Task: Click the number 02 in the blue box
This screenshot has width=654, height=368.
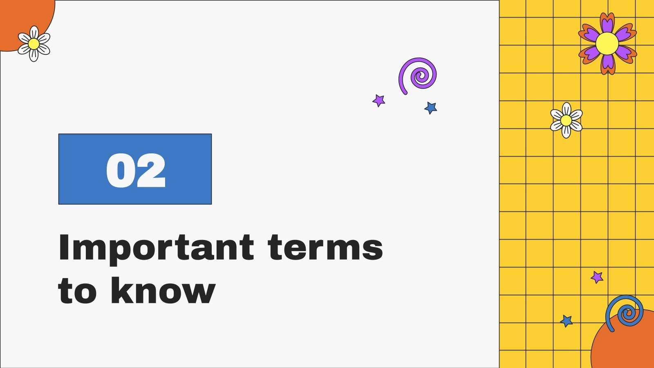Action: tap(135, 171)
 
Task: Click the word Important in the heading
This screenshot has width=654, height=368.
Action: tap(156, 248)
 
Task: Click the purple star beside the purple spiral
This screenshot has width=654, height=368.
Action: tap(379, 100)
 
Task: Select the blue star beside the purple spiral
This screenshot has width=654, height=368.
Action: tap(431, 108)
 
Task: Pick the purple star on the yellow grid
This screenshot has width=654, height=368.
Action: tap(597, 277)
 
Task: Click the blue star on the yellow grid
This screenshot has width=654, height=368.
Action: tap(567, 321)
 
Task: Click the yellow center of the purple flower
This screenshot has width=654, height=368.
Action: tap(607, 43)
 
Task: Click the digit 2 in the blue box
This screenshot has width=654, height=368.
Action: tap(151, 171)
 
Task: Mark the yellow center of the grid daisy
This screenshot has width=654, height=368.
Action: tap(566, 120)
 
